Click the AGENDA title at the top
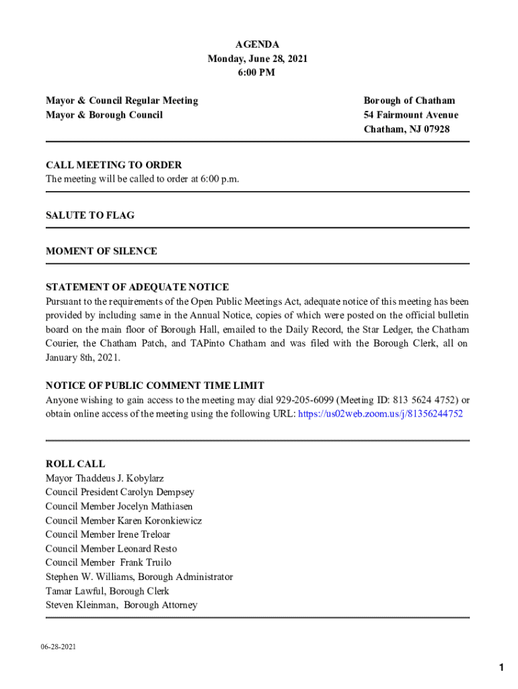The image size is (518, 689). (258, 44)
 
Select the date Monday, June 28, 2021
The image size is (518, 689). (258, 59)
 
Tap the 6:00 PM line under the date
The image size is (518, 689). (258, 73)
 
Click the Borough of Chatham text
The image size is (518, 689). (409, 100)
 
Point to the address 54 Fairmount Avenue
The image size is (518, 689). (411, 115)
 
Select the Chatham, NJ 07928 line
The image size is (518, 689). (406, 129)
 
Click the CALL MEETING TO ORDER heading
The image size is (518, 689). (114, 165)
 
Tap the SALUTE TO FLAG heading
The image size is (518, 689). (90, 215)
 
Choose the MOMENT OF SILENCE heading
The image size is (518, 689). (102, 251)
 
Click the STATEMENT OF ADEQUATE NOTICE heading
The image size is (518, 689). (137, 287)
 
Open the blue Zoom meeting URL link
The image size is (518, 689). (380, 414)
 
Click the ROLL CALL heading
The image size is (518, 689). (75, 464)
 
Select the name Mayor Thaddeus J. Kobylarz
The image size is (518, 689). (104, 478)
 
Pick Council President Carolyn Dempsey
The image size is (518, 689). (120, 493)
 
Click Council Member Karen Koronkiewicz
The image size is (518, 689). (124, 521)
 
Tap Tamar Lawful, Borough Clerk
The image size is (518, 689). (108, 591)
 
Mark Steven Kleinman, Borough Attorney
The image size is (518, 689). (122, 605)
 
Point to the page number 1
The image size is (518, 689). (501, 667)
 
